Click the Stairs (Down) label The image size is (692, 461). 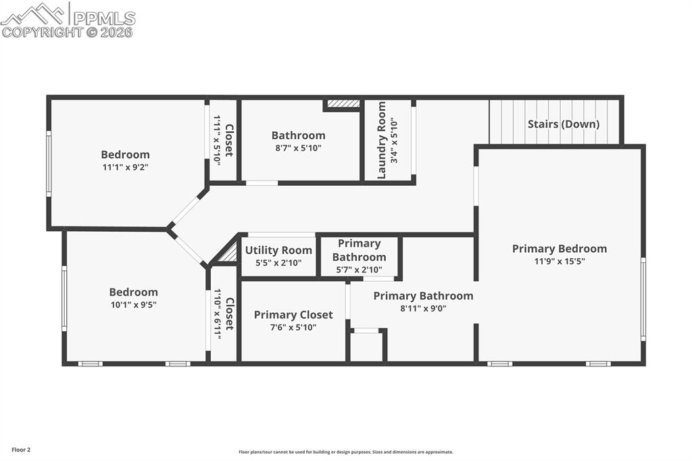(x=563, y=124)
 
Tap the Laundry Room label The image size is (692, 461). (x=382, y=140)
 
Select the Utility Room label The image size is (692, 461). (x=278, y=250)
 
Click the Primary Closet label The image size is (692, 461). (x=293, y=315)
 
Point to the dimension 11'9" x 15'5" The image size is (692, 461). (x=559, y=261)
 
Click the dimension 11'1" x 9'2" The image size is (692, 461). (x=125, y=167)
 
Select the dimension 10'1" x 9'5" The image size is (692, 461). (x=133, y=304)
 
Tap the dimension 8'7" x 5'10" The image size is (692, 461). (x=298, y=147)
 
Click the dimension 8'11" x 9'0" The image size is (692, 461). (x=423, y=308)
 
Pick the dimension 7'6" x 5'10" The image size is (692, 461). (x=293, y=327)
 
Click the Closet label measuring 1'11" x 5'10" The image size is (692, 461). (x=229, y=140)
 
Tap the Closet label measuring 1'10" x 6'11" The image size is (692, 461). (x=229, y=314)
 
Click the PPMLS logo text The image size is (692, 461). (x=103, y=18)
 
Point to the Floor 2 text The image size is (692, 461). (x=20, y=450)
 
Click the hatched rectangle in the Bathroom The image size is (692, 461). (x=343, y=104)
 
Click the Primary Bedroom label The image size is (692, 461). (x=559, y=249)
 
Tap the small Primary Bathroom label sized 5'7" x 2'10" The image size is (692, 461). (x=359, y=250)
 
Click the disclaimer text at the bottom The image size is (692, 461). (x=345, y=452)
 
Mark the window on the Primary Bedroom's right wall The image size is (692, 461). (x=643, y=299)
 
